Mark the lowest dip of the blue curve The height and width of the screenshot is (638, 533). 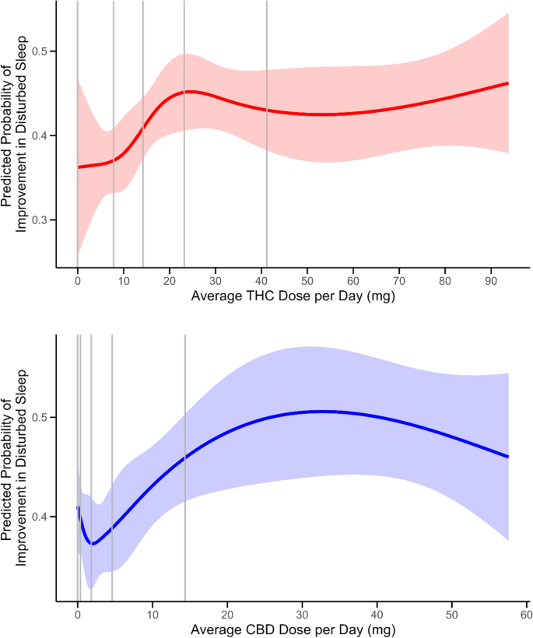93,544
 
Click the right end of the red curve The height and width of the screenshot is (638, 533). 508,82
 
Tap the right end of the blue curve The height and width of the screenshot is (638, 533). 508,457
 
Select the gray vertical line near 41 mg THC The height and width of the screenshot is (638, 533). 266,132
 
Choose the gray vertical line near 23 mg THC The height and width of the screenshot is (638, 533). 184,132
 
